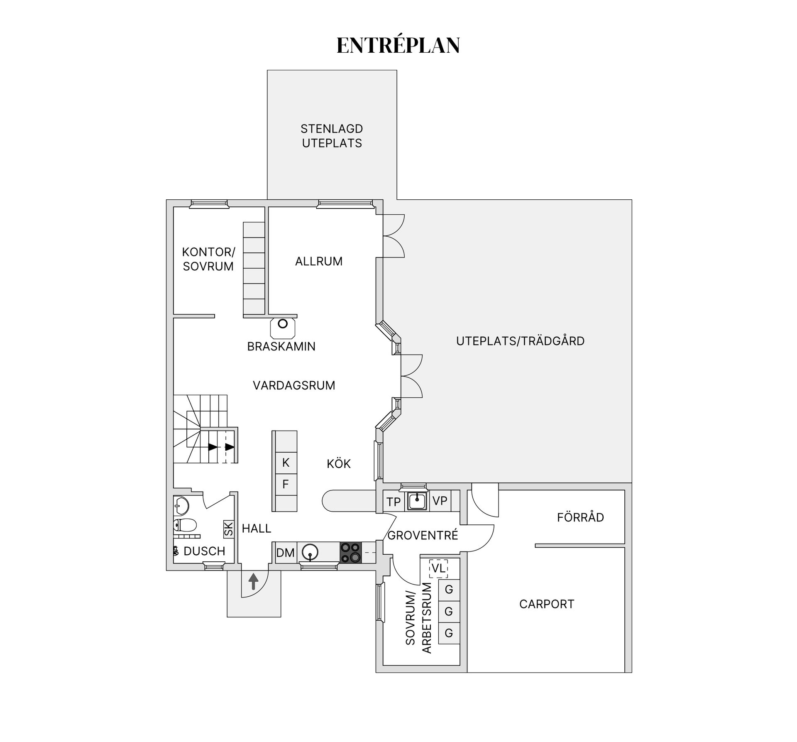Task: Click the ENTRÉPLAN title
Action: [398, 45]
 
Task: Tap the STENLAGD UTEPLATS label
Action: [332, 136]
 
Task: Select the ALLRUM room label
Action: [319, 261]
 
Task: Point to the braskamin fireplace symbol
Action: [283, 328]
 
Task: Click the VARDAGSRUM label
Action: [294, 385]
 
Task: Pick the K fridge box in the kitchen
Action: [285, 463]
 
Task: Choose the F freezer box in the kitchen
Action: [285, 484]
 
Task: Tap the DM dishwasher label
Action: [285, 553]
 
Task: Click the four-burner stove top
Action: [351, 553]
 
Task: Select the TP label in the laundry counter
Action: [394, 502]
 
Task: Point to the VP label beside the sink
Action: [440, 501]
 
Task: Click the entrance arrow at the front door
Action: [253, 581]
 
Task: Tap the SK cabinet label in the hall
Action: [229, 529]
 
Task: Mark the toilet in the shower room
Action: [185, 525]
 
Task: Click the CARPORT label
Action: [547, 604]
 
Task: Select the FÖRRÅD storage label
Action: [580, 517]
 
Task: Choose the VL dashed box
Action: [438, 568]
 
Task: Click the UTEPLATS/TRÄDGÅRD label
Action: [520, 341]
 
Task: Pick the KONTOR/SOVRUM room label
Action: [208, 259]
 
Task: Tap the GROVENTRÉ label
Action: [423, 535]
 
